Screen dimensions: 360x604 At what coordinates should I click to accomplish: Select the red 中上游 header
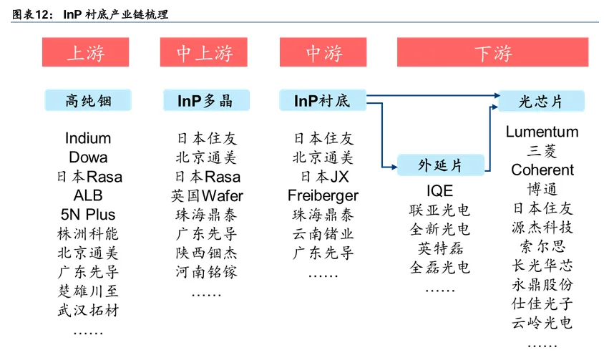coord(205,53)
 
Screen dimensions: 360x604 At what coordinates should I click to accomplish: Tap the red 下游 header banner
coord(493,53)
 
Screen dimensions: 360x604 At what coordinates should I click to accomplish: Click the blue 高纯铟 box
coord(89,100)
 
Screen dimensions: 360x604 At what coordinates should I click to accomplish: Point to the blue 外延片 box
coord(440,165)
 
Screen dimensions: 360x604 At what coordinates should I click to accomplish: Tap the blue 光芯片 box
coord(541,101)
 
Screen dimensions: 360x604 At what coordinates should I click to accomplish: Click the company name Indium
coord(89,138)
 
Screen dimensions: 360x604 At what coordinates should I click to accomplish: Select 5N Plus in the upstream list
coord(89,215)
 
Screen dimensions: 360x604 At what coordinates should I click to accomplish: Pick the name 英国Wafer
coord(207,195)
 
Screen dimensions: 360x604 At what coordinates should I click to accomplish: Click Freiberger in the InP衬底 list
coord(323,195)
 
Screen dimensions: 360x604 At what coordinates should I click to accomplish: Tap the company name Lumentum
coord(542,132)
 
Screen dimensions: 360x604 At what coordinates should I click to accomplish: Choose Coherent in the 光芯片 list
coord(542,170)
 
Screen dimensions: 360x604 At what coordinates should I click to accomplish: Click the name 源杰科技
coord(542,228)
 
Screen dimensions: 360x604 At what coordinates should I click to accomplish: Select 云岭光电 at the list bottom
coord(542,323)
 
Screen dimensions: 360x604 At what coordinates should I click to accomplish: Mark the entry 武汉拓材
coord(89,310)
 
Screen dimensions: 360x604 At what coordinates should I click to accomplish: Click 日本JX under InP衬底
coord(323,176)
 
